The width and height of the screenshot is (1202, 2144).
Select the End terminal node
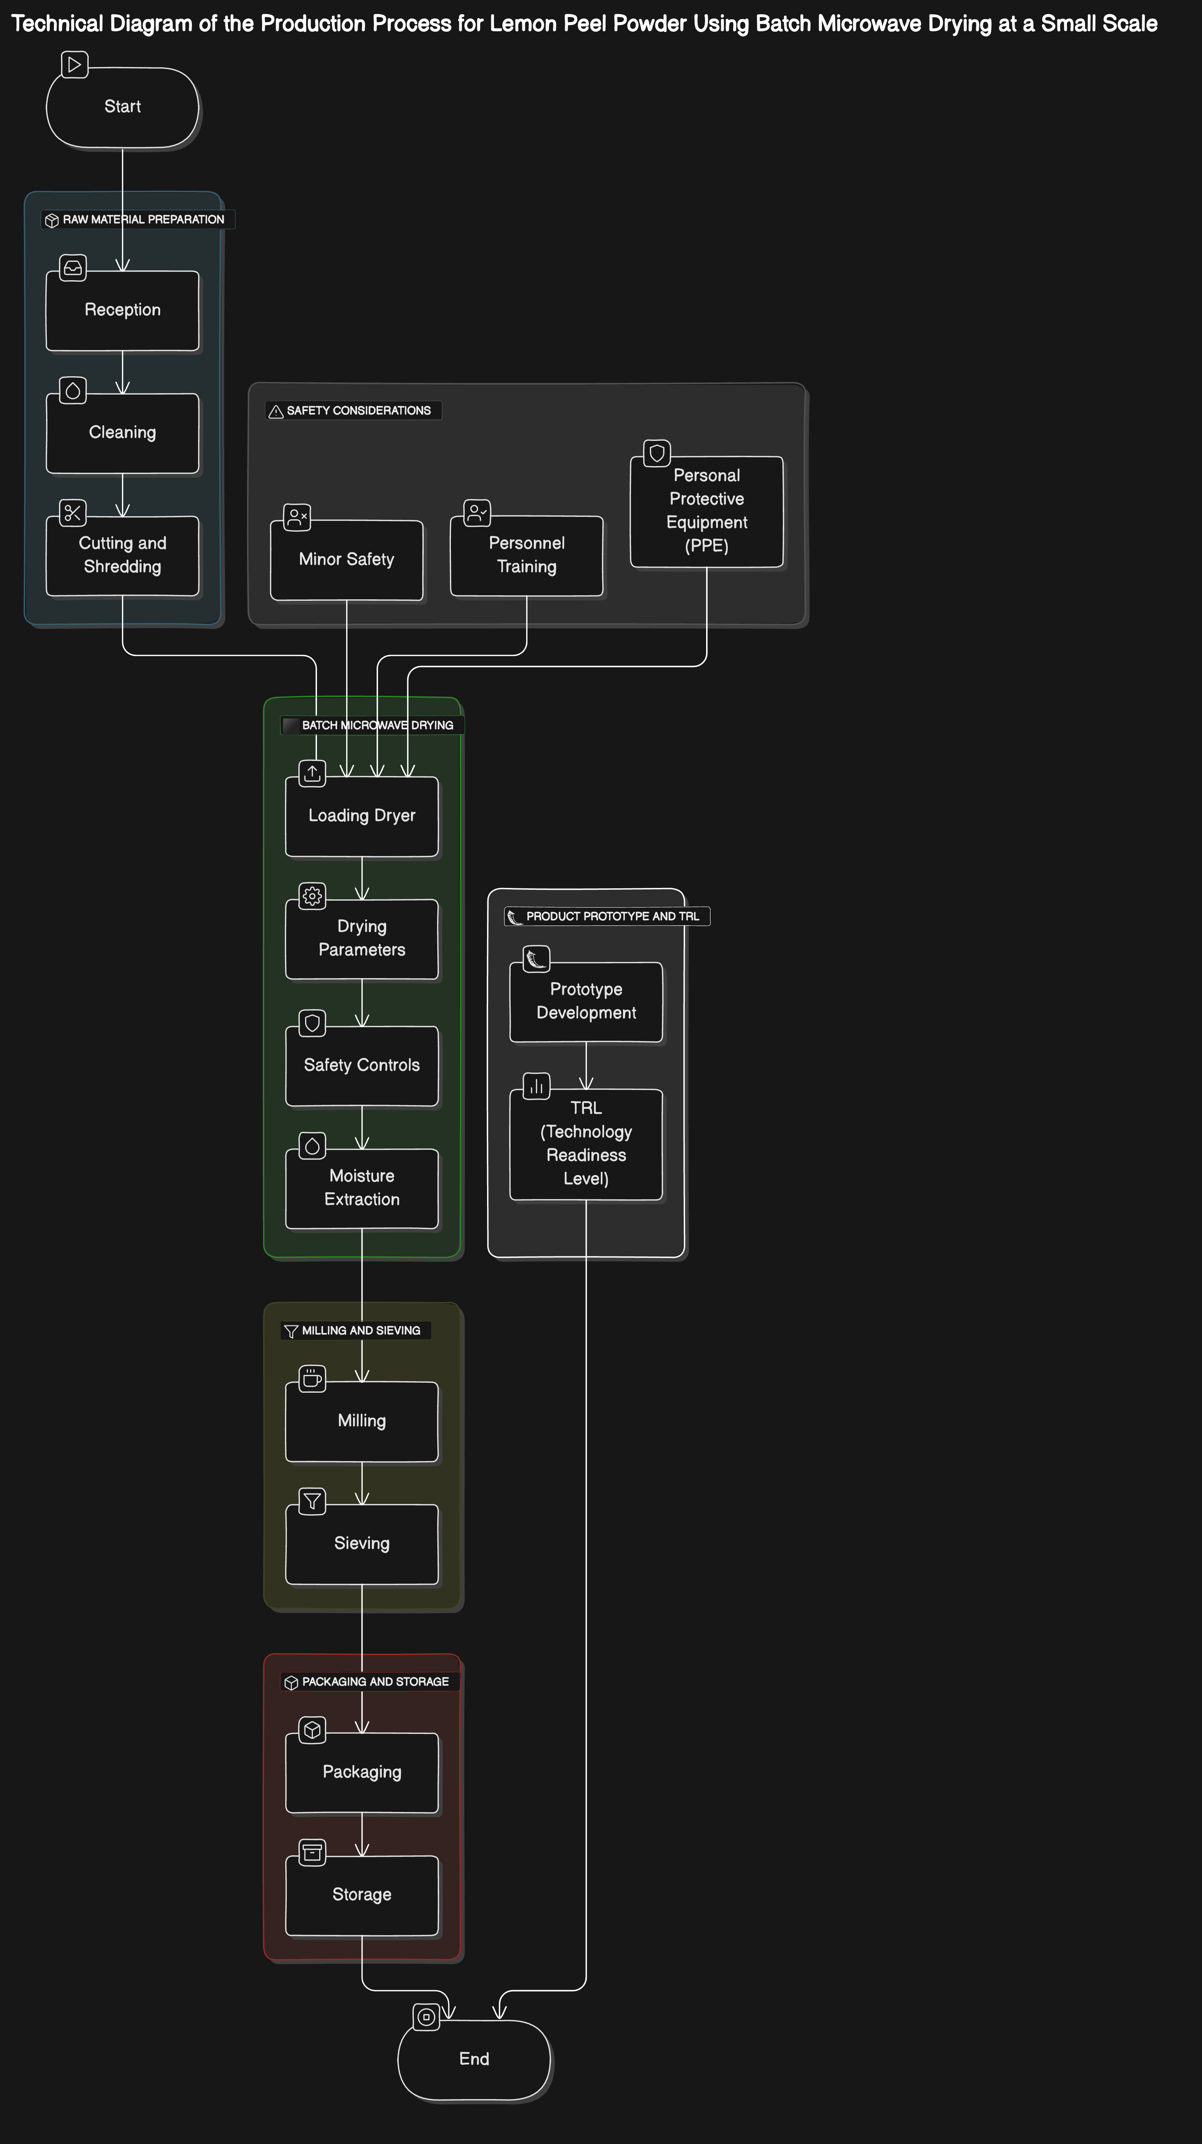point(474,2059)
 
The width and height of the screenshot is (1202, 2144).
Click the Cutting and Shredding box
point(122,555)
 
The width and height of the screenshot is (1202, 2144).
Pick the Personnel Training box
point(526,555)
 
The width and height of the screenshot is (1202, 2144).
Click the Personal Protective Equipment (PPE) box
point(706,511)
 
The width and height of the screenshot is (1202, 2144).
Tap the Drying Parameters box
point(361,939)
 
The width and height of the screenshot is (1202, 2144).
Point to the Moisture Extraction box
point(361,1189)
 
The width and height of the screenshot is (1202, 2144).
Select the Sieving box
point(361,1544)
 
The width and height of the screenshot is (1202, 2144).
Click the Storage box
point(361,1895)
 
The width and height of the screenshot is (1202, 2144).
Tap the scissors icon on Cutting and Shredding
point(73,513)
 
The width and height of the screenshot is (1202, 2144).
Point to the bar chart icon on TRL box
point(536,1086)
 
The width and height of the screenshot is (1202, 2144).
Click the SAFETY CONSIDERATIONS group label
point(358,411)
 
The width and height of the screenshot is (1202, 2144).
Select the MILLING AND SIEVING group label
point(360,1331)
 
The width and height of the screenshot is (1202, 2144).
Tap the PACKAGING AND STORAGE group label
point(374,1682)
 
